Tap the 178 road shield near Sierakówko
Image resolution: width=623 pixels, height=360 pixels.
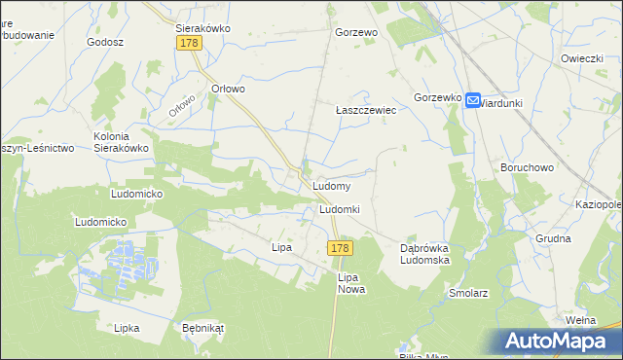tap(189, 44)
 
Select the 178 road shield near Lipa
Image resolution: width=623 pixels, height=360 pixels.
tap(339, 249)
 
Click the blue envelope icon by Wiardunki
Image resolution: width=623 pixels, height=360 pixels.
tap(472, 100)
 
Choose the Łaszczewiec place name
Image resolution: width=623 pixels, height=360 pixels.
tap(366, 111)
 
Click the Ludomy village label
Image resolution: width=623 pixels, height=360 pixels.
tap(331, 185)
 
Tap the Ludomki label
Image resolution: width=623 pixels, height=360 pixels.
tap(340, 210)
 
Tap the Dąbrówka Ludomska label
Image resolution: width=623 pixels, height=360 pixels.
tap(424, 254)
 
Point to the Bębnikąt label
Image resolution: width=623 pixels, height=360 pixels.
tap(202, 328)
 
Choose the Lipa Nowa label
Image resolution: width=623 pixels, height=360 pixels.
tap(350, 283)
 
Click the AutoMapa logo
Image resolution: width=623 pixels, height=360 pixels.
tap(559, 341)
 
